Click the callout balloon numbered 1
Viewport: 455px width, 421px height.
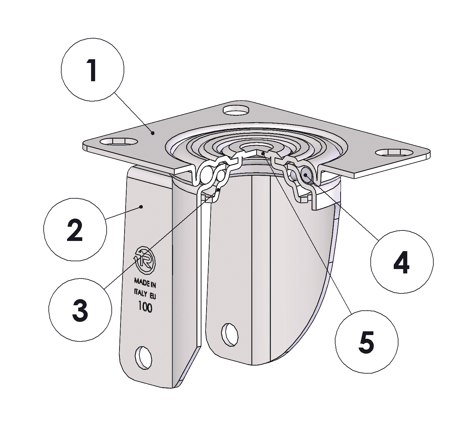[92, 70]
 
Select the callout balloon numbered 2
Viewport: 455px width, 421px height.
[75, 229]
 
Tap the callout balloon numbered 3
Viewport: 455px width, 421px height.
[80, 310]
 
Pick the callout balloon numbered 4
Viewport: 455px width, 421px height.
[402, 262]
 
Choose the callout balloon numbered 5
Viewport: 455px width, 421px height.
[367, 342]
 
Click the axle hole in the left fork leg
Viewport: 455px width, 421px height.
[144, 358]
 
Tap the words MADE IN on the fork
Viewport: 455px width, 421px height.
[145, 283]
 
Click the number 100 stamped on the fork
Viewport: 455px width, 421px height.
[145, 307]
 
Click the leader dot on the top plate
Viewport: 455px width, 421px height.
[153, 133]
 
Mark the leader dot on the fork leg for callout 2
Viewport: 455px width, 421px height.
[142, 207]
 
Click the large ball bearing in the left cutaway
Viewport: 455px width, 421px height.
[207, 172]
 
